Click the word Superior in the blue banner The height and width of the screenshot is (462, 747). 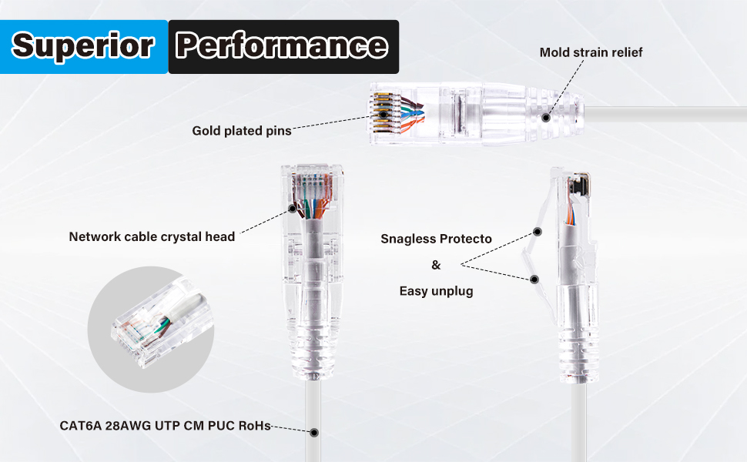[x=83, y=45]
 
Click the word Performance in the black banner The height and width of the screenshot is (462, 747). [x=282, y=45]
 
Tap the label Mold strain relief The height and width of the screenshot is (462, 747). [x=591, y=52]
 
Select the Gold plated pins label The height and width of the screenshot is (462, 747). [x=242, y=130]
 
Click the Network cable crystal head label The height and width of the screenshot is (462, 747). [x=152, y=236]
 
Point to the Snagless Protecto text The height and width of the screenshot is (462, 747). [x=436, y=239]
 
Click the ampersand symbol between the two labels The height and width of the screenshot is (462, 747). [x=436, y=265]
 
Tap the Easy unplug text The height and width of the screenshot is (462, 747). [x=436, y=291]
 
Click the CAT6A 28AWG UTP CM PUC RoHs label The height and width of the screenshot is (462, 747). [x=165, y=425]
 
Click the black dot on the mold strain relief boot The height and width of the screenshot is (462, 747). [x=546, y=117]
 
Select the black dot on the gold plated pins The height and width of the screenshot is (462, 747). [x=383, y=114]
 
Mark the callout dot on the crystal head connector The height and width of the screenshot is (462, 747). [x=293, y=208]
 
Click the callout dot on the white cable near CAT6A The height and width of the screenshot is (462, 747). [x=314, y=433]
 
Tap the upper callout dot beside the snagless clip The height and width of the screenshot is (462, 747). [x=538, y=232]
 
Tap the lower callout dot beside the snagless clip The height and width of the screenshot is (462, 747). [x=534, y=279]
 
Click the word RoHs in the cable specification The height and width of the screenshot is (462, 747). [x=254, y=425]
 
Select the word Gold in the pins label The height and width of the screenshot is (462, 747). [x=206, y=130]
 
